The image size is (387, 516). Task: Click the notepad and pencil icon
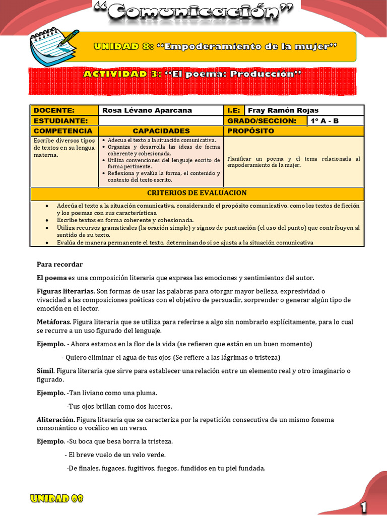pyautogui.click(x=53, y=46)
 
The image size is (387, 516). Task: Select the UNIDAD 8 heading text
pyautogui.click(x=215, y=47)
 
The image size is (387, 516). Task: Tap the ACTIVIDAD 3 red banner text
pyautogui.click(x=192, y=74)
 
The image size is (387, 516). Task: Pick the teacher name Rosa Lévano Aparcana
pyautogui.click(x=147, y=110)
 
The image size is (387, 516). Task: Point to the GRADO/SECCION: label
pyautogui.click(x=262, y=121)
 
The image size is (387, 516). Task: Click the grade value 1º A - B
pyautogui.click(x=325, y=121)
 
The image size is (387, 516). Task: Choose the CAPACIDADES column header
pyautogui.click(x=161, y=131)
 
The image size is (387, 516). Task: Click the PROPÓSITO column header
pyautogui.click(x=251, y=131)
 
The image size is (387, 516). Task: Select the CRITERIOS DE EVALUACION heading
pyautogui.click(x=197, y=193)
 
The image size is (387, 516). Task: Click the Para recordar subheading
pyautogui.click(x=59, y=265)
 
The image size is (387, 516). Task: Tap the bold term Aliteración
pyautogui.click(x=55, y=420)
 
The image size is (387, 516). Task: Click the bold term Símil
pyautogui.click(x=45, y=371)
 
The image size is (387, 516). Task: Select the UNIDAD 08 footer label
pyautogui.click(x=56, y=499)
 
